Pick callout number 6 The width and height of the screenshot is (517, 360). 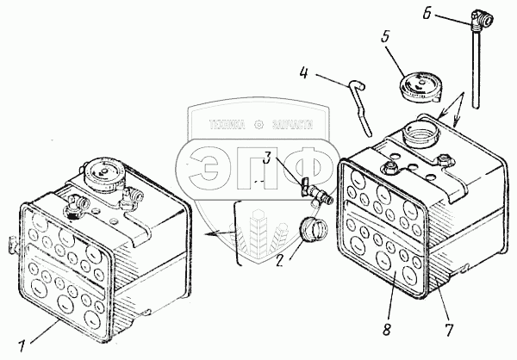pyautogui.click(x=429, y=14)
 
